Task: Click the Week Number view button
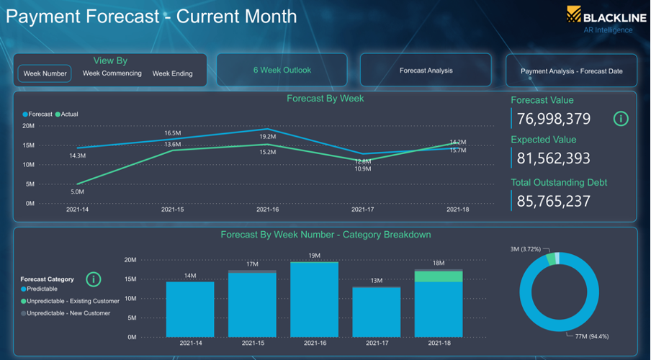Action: click(x=45, y=73)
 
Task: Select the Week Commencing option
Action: click(x=112, y=73)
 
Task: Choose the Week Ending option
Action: click(x=172, y=73)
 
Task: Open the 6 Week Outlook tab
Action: click(x=282, y=70)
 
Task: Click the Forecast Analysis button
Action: click(x=426, y=70)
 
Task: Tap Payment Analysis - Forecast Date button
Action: click(x=571, y=71)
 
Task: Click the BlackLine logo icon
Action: click(x=574, y=14)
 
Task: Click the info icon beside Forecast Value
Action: click(x=621, y=119)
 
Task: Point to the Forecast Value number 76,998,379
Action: click(x=554, y=119)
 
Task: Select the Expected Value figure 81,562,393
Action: click(x=554, y=158)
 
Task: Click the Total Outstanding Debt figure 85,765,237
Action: click(x=554, y=201)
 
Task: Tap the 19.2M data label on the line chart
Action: click(x=268, y=137)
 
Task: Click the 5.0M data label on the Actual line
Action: click(x=77, y=192)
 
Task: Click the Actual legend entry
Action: click(x=66, y=114)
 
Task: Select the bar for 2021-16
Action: click(x=314, y=299)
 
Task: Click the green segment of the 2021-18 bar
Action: click(x=439, y=276)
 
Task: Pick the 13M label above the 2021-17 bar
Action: click(x=377, y=281)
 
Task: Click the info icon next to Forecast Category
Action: click(x=94, y=279)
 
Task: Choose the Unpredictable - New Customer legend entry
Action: click(x=66, y=313)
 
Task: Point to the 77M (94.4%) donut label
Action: click(x=592, y=336)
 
